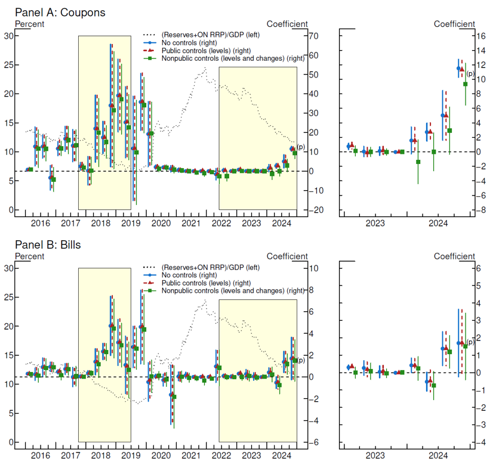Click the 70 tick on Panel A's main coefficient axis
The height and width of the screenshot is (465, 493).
click(314, 36)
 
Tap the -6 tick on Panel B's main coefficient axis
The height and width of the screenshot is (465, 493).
click(313, 442)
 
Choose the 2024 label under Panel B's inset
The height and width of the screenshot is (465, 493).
click(437, 455)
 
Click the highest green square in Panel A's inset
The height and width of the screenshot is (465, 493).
click(466, 84)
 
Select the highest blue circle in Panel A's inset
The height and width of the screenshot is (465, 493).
click(458, 69)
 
